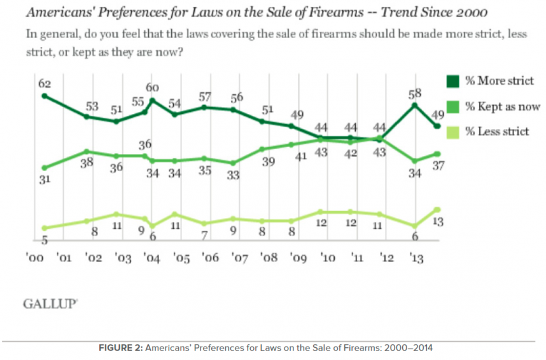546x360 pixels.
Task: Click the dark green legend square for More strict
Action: pyautogui.click(x=454, y=81)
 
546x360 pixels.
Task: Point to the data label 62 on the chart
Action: pyautogui.click(x=44, y=83)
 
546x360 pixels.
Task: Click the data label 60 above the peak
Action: pyautogui.click(x=153, y=88)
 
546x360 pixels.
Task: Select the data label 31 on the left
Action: pyautogui.click(x=44, y=180)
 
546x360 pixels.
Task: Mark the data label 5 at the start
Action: pyautogui.click(x=45, y=240)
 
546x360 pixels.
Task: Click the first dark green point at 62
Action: pyautogui.click(x=44, y=95)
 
